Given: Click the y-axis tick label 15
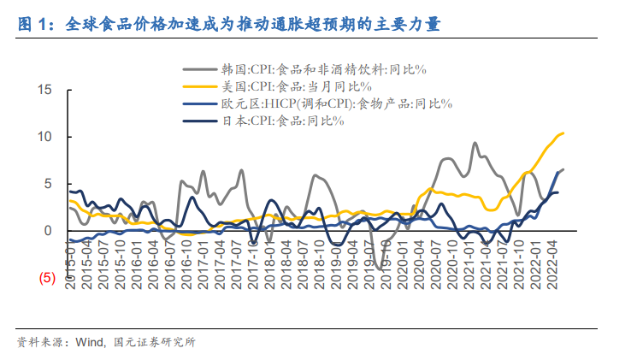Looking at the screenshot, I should (x=45, y=90).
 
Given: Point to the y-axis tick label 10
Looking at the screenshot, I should (x=45, y=137).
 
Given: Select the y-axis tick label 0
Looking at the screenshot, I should (x=49, y=231).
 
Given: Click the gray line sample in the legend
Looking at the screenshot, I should (x=199, y=69).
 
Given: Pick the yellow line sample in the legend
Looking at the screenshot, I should (x=199, y=86).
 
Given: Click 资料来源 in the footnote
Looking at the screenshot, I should (x=38, y=343).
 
